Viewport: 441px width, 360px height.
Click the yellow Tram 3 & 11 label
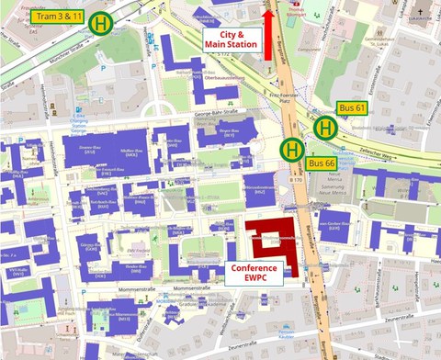(x=57, y=17)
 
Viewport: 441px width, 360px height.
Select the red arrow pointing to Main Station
(x=268, y=34)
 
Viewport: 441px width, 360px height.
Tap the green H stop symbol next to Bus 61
(x=324, y=128)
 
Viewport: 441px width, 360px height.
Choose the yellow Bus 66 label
(x=320, y=163)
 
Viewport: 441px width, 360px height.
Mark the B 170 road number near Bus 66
(x=296, y=181)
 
